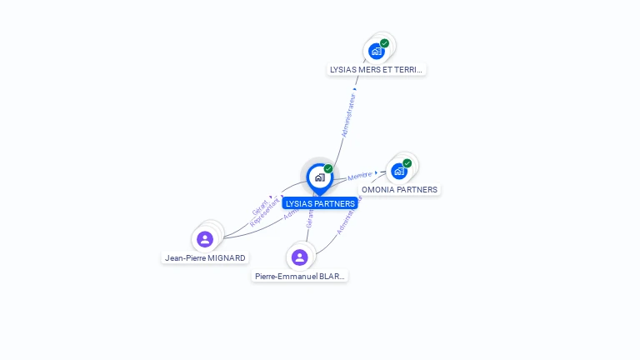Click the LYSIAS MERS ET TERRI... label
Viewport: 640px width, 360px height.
click(377, 70)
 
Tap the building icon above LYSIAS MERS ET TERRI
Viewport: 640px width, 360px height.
click(377, 51)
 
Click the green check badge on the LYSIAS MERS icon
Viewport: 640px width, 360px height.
click(384, 43)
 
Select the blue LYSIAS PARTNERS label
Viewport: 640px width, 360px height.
click(320, 203)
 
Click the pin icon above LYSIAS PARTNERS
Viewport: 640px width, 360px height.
click(320, 177)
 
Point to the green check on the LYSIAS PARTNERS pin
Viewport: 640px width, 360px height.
click(328, 169)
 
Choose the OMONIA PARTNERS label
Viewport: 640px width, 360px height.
click(399, 189)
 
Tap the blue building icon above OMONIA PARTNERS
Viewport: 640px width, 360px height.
click(399, 171)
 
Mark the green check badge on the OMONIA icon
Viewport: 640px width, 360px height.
click(407, 163)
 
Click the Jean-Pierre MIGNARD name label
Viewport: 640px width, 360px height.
click(205, 258)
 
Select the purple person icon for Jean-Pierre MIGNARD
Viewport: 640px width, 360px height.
click(205, 240)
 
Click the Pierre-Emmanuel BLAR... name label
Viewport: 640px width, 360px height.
click(300, 276)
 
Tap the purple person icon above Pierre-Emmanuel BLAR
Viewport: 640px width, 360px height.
click(300, 257)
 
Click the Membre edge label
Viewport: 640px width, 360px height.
click(359, 176)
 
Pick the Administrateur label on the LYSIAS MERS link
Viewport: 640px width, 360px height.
click(349, 115)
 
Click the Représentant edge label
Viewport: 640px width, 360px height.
click(265, 212)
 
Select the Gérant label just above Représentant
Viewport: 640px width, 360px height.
click(260, 207)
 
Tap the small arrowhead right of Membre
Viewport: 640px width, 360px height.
click(376, 172)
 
